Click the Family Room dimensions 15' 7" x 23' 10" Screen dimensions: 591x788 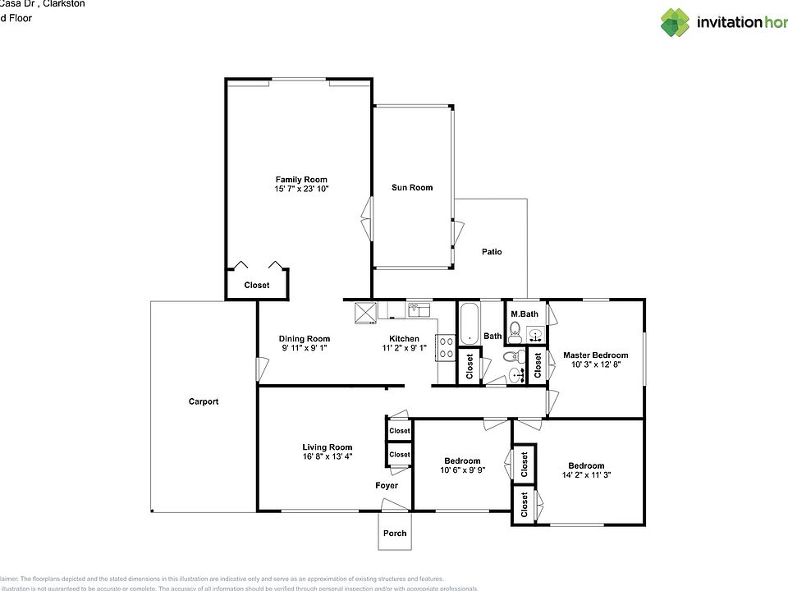301,190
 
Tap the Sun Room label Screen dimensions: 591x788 412,188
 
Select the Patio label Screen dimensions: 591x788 492,252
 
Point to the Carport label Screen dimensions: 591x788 204,401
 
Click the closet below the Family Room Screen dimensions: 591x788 257,286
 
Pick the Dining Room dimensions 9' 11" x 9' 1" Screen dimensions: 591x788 305,349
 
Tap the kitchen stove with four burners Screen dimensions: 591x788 447,348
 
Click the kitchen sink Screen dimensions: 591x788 419,309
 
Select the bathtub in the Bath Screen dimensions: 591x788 469,323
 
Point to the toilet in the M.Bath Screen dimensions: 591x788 515,332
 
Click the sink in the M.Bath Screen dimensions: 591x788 534,334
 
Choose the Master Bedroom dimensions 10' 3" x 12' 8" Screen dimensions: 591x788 595,365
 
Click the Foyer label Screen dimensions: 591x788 387,486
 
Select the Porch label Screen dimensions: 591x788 395,534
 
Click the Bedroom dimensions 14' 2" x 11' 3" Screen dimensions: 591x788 586,475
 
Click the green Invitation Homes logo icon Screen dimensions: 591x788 676,22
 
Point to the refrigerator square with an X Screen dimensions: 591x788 365,312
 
